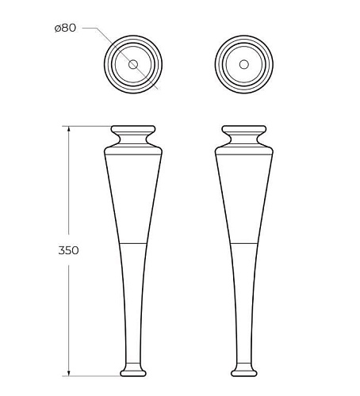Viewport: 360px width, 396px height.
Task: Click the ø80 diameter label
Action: (x=65, y=28)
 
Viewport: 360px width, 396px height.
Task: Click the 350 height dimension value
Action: (x=68, y=250)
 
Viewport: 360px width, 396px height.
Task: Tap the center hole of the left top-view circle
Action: (x=133, y=64)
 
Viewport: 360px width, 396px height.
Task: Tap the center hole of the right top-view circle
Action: (x=243, y=64)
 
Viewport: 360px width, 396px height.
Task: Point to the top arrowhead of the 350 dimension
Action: (x=69, y=129)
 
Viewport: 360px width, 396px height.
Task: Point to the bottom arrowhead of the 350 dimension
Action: (x=69, y=373)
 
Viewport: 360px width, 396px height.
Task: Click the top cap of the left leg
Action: (x=133, y=129)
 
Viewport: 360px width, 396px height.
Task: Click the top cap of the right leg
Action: (x=243, y=129)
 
